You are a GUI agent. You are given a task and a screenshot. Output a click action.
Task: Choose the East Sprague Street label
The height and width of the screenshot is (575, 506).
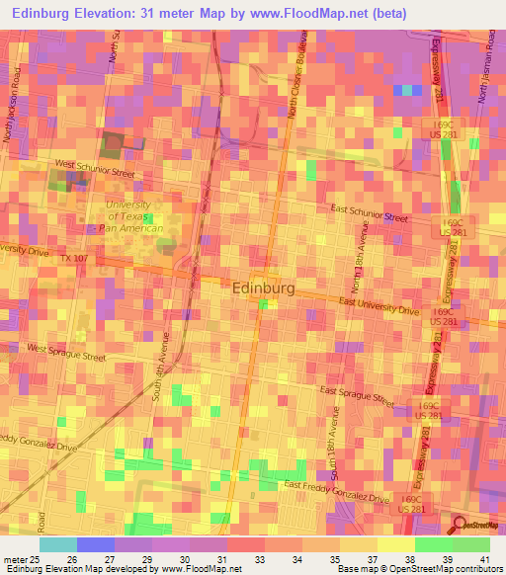(357, 396)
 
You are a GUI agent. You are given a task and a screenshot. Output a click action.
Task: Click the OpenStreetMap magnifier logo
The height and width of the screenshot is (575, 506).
(459, 524)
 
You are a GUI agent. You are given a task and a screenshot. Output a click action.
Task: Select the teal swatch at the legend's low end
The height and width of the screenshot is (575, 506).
(58, 544)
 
